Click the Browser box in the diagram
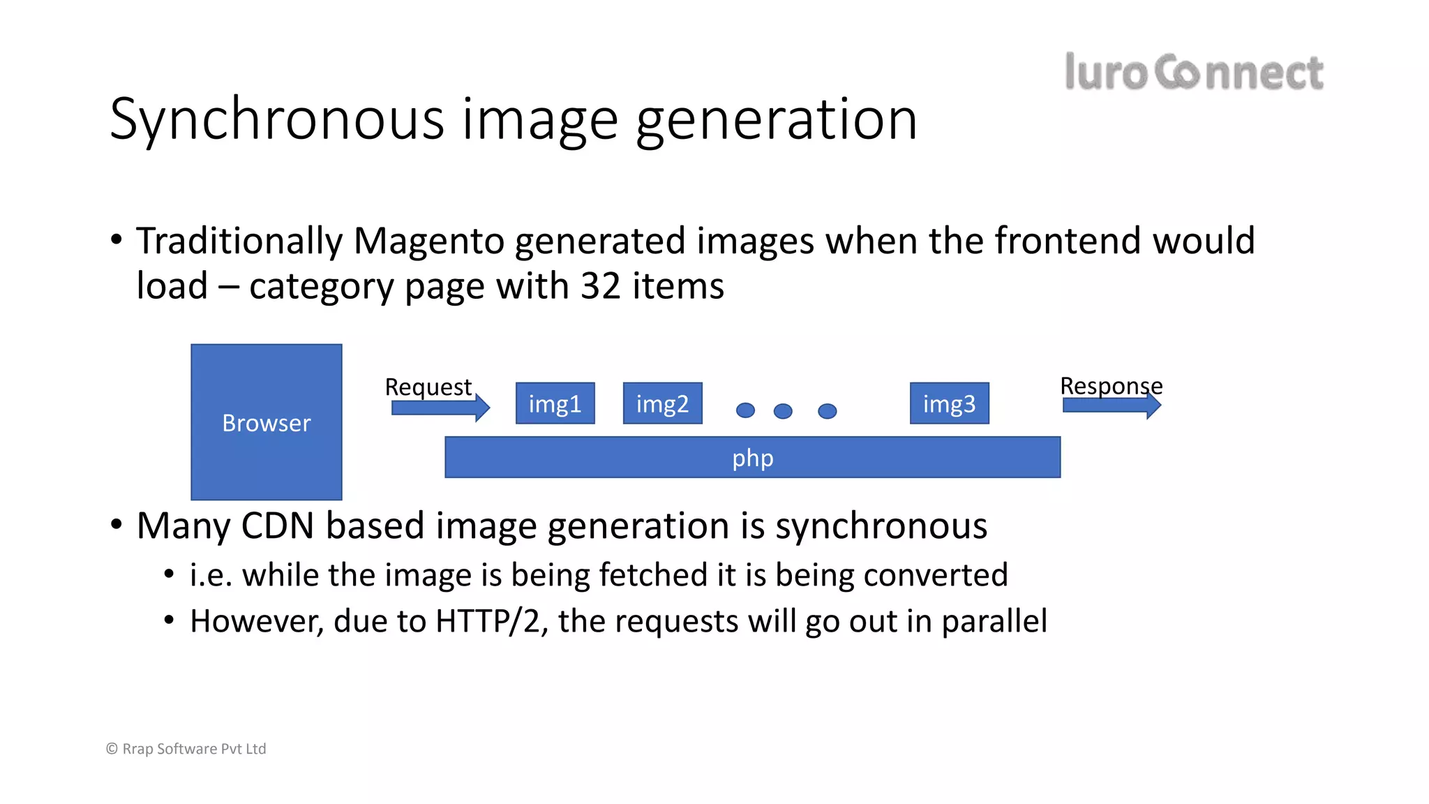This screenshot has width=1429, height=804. point(266,422)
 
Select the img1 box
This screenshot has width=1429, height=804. point(555,403)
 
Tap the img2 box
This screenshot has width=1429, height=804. point(662,403)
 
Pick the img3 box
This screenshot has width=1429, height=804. point(949,403)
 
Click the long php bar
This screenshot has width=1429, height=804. point(752,458)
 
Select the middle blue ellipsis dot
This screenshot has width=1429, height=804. point(783,411)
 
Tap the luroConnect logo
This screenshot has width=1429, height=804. point(1193,72)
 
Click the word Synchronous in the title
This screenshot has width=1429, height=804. point(276,120)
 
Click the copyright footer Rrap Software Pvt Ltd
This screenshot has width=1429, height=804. point(186,749)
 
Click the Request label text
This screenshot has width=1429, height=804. point(428,387)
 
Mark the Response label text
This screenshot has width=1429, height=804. point(1111,385)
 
